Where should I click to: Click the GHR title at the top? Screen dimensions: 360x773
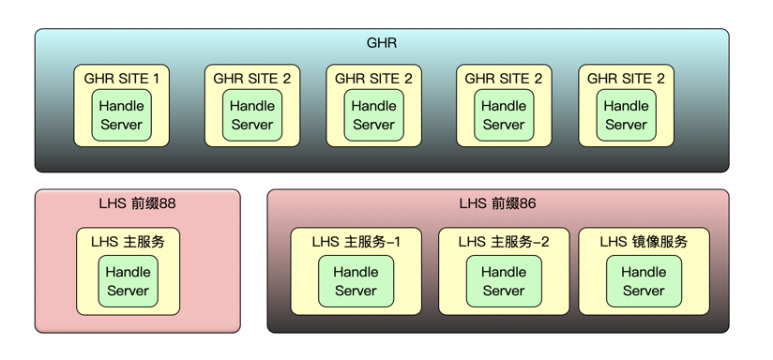click(381, 43)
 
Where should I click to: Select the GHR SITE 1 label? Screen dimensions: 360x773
click(121, 79)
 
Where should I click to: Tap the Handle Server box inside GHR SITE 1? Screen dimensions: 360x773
click(121, 115)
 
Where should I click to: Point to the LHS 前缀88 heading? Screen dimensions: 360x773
click(137, 203)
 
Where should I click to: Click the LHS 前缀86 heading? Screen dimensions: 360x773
click(497, 203)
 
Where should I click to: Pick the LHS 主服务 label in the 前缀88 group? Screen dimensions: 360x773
click(128, 241)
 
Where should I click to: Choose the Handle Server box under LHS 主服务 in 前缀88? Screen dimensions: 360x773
click(128, 281)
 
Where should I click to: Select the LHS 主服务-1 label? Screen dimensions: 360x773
click(356, 241)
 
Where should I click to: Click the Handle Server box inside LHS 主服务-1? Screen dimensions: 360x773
click(356, 281)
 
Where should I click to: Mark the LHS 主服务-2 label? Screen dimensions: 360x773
click(504, 241)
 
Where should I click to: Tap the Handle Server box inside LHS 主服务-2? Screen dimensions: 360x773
click(504, 281)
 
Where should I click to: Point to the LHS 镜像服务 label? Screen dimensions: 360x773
click(644, 241)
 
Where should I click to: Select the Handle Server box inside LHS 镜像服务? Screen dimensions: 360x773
click(644, 281)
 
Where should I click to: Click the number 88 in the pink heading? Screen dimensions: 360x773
click(167, 203)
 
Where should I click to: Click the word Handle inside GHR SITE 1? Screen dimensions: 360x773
click(121, 106)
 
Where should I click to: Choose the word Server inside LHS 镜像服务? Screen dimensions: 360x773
click(644, 291)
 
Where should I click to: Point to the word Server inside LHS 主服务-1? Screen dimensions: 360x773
click(356, 291)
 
